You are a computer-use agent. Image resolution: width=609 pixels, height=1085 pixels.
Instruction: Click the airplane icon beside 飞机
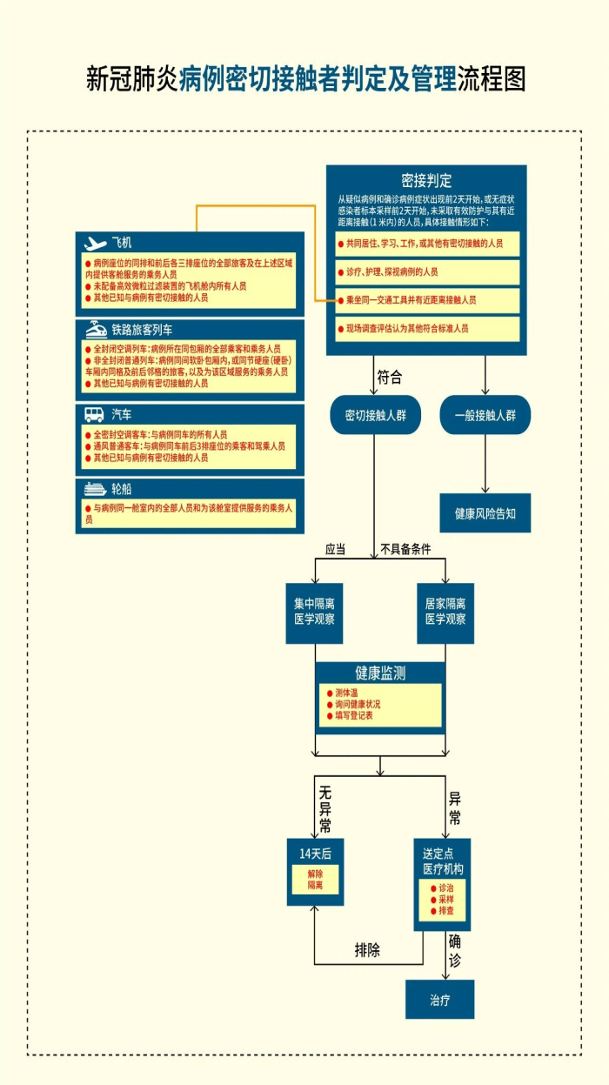click(x=96, y=243)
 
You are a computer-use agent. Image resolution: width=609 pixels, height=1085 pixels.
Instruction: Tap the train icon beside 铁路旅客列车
click(x=96, y=330)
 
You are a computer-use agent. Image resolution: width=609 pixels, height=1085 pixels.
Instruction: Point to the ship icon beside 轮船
click(x=95, y=489)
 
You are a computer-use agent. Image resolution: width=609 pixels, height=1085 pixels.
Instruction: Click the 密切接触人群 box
click(x=375, y=415)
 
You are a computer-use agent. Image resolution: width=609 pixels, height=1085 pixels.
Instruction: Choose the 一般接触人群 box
click(x=485, y=415)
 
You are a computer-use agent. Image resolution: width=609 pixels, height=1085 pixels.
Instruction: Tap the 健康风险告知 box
click(x=485, y=513)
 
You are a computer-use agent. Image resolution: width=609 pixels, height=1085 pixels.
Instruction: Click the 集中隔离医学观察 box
click(x=314, y=613)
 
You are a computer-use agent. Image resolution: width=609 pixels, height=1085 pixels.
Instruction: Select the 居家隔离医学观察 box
click(x=445, y=613)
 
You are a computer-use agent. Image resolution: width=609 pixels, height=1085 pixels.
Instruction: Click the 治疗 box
click(x=439, y=1000)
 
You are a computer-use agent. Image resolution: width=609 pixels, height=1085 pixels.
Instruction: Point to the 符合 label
click(x=389, y=378)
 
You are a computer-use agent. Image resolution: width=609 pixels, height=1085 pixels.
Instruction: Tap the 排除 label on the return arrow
click(x=367, y=949)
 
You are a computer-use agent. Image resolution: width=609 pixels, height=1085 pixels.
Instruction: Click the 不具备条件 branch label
click(x=405, y=549)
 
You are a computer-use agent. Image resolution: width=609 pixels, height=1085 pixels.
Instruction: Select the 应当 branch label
click(x=336, y=549)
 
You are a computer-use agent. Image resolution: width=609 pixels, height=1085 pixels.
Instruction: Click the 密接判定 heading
click(x=426, y=181)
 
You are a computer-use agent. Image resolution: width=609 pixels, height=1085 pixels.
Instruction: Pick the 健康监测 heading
click(x=379, y=673)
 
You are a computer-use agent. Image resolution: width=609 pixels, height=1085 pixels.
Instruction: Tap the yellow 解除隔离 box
click(x=315, y=879)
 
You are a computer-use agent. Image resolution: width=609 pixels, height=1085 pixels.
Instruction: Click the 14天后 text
click(x=315, y=854)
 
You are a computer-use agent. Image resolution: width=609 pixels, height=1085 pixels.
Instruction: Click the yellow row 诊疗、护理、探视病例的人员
click(x=427, y=271)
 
